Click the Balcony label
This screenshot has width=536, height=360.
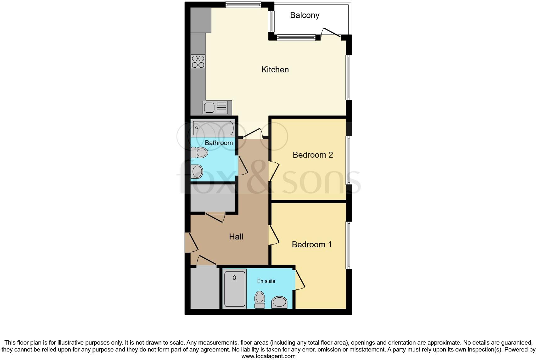coord(304,15)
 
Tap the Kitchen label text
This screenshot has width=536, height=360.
coord(275,70)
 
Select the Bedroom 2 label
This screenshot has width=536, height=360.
coord(313,155)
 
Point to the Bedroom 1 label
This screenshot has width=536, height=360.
coord(312,245)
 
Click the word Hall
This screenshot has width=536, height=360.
coord(236,237)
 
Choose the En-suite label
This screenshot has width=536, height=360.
coord(266,281)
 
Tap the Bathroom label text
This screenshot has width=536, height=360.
coord(219,143)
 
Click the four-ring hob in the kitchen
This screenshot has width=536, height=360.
coord(198,62)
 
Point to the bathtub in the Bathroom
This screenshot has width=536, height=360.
coord(213,128)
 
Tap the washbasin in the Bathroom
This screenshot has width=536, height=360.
coord(197,172)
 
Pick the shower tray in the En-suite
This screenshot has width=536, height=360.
coord(235,289)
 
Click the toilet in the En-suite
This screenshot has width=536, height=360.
coord(260,299)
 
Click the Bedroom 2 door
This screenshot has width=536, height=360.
coord(274,171)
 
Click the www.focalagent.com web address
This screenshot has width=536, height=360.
coord(268,356)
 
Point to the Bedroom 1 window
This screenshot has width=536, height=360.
coord(349,245)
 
